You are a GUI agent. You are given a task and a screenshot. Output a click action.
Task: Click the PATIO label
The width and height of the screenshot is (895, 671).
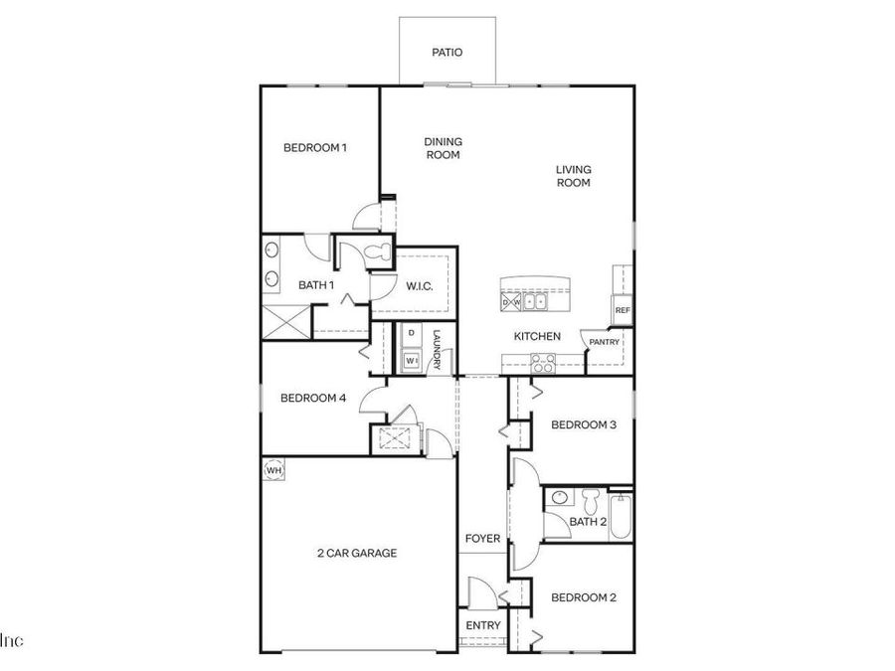coord(447,53)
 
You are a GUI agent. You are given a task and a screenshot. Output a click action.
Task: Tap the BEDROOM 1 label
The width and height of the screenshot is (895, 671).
coord(315,148)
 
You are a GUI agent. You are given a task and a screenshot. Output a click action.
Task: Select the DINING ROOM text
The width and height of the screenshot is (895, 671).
coord(444,148)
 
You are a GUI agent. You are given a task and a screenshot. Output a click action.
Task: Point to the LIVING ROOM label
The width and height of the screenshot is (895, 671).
coord(573,176)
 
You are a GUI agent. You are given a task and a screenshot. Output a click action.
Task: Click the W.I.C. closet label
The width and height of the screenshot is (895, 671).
coord(418,286)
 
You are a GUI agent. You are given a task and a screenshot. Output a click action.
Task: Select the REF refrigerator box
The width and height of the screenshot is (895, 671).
coord(623,310)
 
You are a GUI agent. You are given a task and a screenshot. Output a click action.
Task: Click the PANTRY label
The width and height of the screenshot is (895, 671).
coord(605,342)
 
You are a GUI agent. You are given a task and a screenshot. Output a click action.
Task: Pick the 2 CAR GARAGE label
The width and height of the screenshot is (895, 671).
coord(357,554)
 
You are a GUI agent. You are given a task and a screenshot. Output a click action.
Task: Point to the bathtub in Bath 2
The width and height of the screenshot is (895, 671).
coord(622,515)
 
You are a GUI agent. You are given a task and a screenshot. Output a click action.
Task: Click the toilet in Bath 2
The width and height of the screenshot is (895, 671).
coord(591,498)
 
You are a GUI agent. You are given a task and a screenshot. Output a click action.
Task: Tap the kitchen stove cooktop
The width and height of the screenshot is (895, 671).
coord(543,364)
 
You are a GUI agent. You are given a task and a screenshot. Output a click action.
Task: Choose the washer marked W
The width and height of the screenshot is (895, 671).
coord(411,360)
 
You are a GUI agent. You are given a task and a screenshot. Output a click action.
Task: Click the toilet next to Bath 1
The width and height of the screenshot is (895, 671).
coord(376,252)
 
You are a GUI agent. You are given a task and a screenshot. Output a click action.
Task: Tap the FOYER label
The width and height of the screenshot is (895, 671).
coord(483,539)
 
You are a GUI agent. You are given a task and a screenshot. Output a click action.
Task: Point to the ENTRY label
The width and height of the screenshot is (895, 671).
coord(483,625)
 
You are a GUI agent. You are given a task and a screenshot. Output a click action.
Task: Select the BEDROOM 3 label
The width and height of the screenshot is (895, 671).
coord(584,424)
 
